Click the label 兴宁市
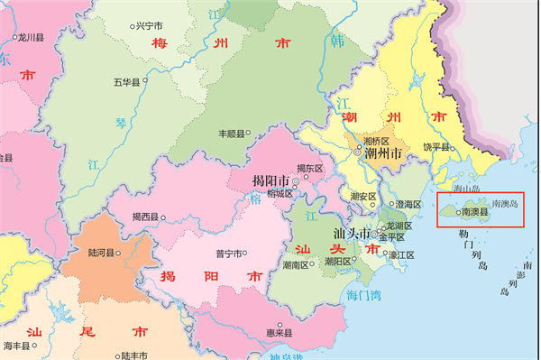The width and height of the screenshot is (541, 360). [148, 26]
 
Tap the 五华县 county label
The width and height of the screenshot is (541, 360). [127, 83]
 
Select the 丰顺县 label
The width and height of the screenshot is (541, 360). [233, 134]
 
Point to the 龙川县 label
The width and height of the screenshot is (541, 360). [32, 38]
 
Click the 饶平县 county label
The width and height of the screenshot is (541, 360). [436, 145]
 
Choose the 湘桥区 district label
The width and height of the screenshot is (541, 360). [377, 141]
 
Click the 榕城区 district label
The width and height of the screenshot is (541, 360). [280, 192]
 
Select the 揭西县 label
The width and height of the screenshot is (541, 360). [145, 217]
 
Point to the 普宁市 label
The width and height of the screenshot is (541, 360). [229, 254]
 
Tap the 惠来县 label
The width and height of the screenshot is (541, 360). [289, 332]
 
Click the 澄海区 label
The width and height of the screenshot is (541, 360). [408, 204]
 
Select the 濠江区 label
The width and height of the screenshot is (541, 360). [401, 254]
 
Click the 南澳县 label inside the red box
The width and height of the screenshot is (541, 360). [474, 213]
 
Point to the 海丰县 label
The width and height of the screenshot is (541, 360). [17, 346]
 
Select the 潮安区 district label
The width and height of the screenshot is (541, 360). [362, 196]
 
